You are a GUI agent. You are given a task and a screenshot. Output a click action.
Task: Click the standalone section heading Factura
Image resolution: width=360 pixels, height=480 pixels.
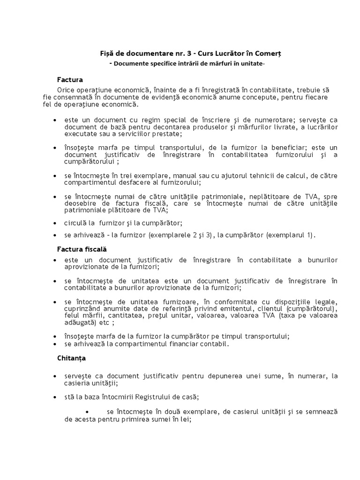click(70, 80)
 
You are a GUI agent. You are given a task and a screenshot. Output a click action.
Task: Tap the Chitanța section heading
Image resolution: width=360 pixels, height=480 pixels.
click(71, 358)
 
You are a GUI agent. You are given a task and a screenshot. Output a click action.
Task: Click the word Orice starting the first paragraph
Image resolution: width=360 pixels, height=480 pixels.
click(67, 90)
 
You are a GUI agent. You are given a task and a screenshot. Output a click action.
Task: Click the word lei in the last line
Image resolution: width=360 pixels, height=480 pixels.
click(187, 420)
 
